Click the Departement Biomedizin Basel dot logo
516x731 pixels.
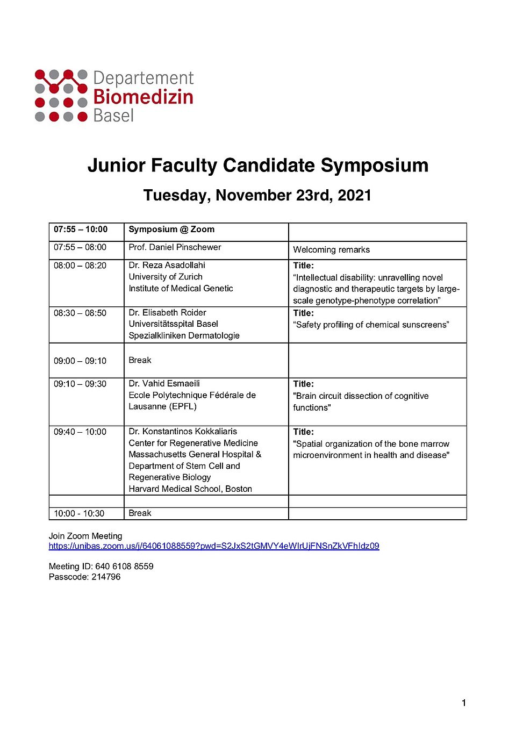point(61,96)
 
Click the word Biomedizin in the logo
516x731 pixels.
point(143,97)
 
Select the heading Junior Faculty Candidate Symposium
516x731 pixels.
point(258,165)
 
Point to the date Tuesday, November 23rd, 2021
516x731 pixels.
point(257,195)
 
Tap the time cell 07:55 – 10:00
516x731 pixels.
point(81,230)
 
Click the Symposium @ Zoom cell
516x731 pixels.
point(171,230)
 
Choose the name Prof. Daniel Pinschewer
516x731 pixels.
point(175,247)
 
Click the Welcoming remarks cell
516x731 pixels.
point(331,250)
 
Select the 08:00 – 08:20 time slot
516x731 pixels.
point(80,266)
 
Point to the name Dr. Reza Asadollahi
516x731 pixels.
point(167,266)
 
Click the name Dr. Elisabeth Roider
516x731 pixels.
point(167,313)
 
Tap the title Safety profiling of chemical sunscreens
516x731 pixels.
point(371,325)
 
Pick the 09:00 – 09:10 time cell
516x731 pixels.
point(80,361)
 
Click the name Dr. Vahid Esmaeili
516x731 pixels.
point(164,384)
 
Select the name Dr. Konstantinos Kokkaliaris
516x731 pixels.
point(183,432)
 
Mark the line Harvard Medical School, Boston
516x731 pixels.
point(190,489)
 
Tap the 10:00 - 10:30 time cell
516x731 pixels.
point(79,513)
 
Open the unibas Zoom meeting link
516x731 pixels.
point(214,546)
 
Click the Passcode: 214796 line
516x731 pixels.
point(84,577)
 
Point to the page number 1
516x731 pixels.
point(463,703)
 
